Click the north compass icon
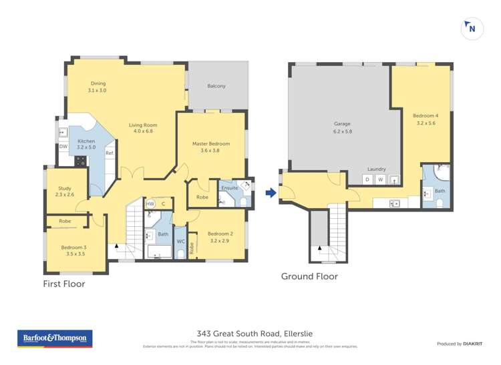coord(472,29)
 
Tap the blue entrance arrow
coord(271,194)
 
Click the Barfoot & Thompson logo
coord(54,339)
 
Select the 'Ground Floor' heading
coord(309,276)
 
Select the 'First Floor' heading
coord(63,284)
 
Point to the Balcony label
coord(216,86)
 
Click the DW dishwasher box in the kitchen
coord(63,147)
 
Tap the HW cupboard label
coord(150,204)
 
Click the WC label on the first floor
coord(180,242)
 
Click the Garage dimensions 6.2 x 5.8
coord(343,131)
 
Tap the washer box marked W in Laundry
coord(381,179)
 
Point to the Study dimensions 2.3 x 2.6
coord(65,195)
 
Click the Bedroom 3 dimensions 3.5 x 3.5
coord(75,254)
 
